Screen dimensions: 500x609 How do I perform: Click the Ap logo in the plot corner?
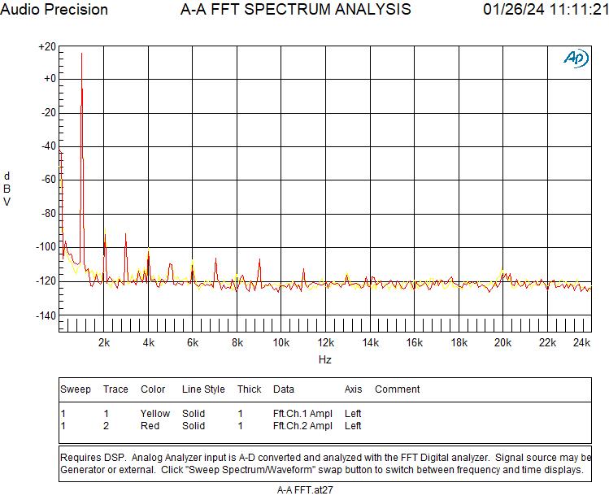pyautogui.click(x=576, y=59)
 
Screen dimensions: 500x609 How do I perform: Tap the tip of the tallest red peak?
pyautogui.click(x=81, y=54)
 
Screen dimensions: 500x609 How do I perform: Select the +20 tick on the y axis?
pyautogui.click(x=47, y=47)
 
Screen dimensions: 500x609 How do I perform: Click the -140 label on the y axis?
pyautogui.click(x=46, y=315)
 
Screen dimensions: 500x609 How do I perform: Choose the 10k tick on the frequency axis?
pyautogui.click(x=281, y=343)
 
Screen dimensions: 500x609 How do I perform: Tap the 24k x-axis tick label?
pyautogui.click(x=581, y=343)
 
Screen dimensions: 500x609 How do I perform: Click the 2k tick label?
pyautogui.click(x=104, y=343)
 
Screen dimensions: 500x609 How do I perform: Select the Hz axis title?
pyautogui.click(x=324, y=359)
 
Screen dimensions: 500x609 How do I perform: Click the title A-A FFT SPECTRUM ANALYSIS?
pyautogui.click(x=295, y=10)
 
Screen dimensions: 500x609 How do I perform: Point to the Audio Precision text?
pyautogui.click(x=54, y=10)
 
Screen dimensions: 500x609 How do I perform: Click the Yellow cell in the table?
pyautogui.click(x=155, y=414)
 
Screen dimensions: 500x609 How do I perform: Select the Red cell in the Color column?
pyautogui.click(x=150, y=426)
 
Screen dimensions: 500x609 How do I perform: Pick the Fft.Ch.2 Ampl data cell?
pyautogui.click(x=302, y=426)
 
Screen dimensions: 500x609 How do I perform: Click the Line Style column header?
pyautogui.click(x=203, y=389)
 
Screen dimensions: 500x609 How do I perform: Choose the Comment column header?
pyautogui.click(x=397, y=389)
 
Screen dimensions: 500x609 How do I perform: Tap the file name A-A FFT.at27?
pyautogui.click(x=305, y=489)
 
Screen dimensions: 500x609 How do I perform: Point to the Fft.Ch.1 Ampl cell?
pyautogui.click(x=302, y=414)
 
